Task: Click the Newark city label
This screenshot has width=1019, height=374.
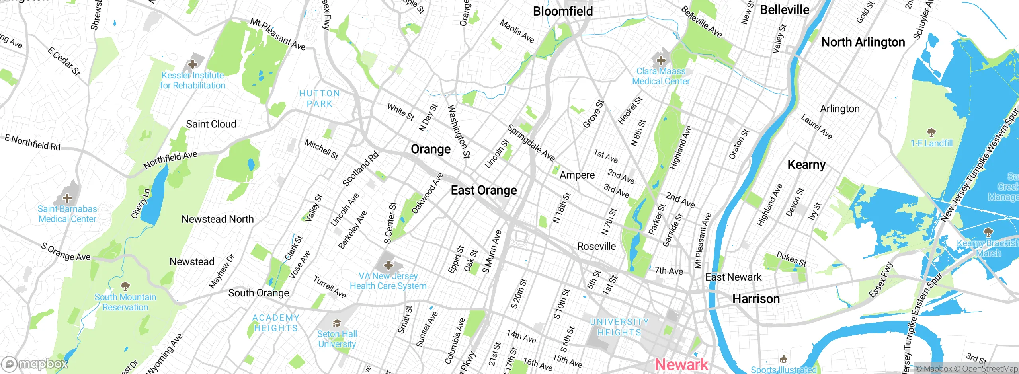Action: pos(681,364)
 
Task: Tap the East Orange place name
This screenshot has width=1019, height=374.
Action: pos(484,190)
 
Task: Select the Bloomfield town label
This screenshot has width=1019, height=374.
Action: pos(563,11)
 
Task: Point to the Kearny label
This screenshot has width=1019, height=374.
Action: pos(806,165)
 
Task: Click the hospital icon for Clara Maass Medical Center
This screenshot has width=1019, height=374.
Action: pos(661,60)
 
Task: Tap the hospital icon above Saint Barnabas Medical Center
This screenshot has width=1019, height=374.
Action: pos(67,198)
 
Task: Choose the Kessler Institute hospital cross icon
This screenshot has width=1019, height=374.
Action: pos(193,64)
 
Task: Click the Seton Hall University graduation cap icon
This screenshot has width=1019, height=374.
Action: pos(337,323)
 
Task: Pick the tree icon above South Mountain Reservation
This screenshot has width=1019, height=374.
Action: pos(125,286)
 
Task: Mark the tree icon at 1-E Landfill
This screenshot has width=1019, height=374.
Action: pos(931,132)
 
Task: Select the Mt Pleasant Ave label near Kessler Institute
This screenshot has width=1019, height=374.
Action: pos(277,34)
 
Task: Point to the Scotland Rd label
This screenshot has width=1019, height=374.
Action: pos(360,169)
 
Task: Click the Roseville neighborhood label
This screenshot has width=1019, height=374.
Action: pos(596,246)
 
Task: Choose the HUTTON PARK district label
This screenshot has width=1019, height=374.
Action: pos(320,98)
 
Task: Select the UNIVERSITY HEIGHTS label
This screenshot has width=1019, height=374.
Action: pos(619,327)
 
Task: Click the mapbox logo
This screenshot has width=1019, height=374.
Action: pos(35,364)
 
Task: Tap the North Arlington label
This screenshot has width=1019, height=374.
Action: pos(863,42)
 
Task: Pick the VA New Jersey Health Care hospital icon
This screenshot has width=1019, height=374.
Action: pos(388,265)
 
